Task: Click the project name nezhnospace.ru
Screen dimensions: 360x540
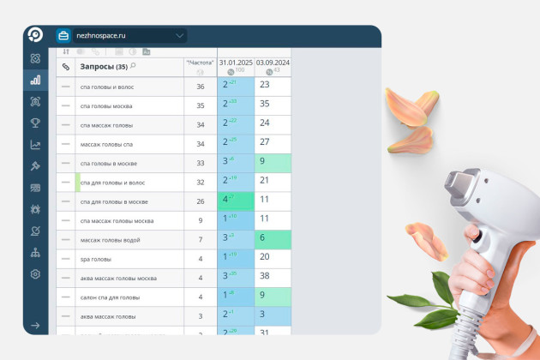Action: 100,36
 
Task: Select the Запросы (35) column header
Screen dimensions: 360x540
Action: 103,66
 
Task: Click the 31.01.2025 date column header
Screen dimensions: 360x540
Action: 236,63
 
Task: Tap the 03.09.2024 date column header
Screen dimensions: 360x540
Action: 273,63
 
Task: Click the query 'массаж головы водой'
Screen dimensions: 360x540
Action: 109,239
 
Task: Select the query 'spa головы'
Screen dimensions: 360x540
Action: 95,259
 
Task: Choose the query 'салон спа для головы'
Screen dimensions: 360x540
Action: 110,297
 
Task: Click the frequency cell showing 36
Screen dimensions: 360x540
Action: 200,87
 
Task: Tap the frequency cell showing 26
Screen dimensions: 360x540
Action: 200,201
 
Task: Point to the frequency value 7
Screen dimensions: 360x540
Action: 200,239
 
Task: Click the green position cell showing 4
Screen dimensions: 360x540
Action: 236,201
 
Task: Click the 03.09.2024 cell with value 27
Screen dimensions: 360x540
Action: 273,143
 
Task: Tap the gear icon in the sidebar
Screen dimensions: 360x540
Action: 35,274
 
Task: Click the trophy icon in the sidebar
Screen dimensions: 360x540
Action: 35,123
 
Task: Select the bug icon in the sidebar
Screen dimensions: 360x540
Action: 35,209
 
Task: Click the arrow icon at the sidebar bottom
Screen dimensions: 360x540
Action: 35,326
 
